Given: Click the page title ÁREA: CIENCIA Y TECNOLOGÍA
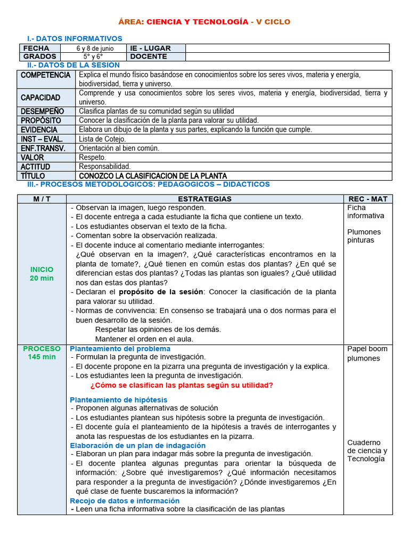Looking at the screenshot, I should (204, 22).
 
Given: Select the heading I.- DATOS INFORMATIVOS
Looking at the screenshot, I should (75, 38).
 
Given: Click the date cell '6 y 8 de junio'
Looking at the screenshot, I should (95, 49).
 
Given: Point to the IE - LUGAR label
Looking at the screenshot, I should (151, 49).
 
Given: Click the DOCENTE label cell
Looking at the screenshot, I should (149, 57).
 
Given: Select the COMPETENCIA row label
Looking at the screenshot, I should (45, 75).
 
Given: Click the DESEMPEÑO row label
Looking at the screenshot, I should (42, 111).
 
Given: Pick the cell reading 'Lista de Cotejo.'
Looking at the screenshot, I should (103, 139).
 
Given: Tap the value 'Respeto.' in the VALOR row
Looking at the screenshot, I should (93, 157).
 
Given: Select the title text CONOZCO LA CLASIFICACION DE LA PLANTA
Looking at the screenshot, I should (153, 176).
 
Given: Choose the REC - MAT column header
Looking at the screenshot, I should (367, 199).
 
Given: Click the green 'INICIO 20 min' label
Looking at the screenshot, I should (42, 274).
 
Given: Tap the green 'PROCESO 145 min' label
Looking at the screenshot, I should (42, 353).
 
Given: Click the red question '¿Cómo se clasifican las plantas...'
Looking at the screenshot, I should (182, 385).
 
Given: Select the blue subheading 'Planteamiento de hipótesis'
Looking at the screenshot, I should (118, 400).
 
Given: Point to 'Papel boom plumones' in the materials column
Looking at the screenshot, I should (367, 354).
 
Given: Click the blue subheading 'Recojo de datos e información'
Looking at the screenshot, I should (125, 501).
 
